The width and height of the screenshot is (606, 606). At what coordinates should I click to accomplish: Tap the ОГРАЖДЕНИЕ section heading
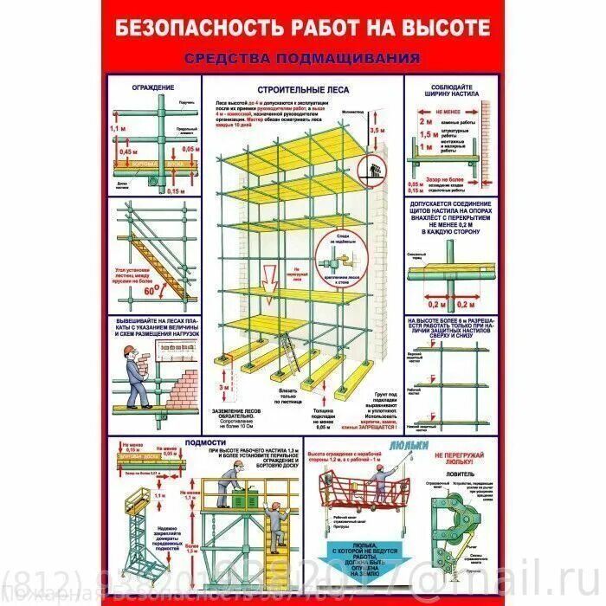(152, 87)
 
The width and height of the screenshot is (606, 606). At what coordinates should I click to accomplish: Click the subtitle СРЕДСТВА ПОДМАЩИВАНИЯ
(303, 58)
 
